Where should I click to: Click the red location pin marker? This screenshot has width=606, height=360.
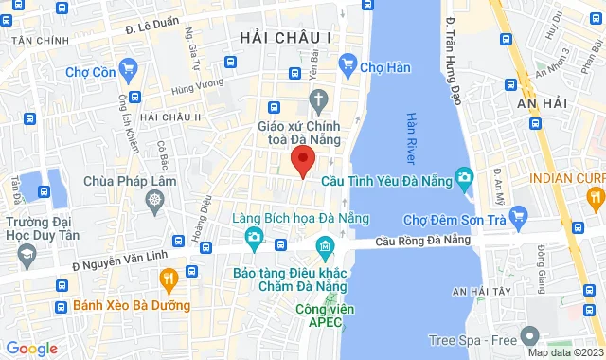point(302,160)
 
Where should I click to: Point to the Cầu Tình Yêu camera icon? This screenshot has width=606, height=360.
point(465,177)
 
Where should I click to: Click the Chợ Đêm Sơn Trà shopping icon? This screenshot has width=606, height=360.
point(518,221)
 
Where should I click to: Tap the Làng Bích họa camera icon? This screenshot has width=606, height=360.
point(253,237)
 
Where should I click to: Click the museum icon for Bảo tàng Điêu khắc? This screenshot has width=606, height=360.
point(325,250)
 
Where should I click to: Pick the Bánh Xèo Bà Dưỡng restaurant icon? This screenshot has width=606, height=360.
point(169,279)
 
